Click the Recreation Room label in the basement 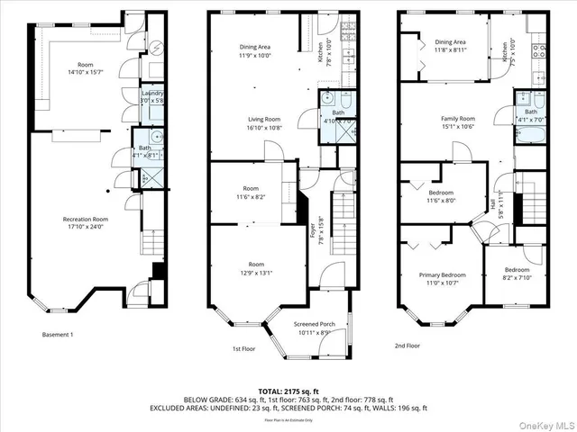pyautogui.click(x=86, y=219)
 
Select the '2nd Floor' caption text pyautogui.click(x=408, y=345)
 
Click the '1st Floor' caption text pyautogui.click(x=244, y=349)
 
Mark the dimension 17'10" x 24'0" pyautogui.click(x=86, y=227)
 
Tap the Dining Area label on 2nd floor pyautogui.click(x=450, y=41)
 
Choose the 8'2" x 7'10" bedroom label pyautogui.click(x=517, y=277)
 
